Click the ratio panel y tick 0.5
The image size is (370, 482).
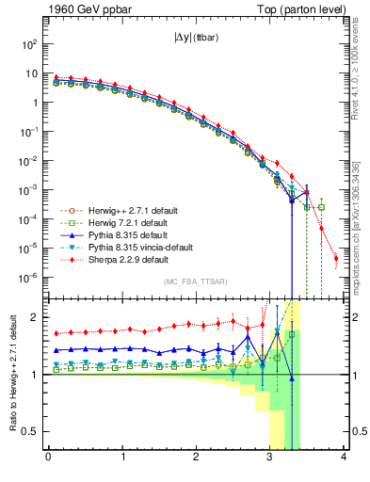(30, 431)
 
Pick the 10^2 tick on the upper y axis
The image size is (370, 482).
(28, 44)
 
